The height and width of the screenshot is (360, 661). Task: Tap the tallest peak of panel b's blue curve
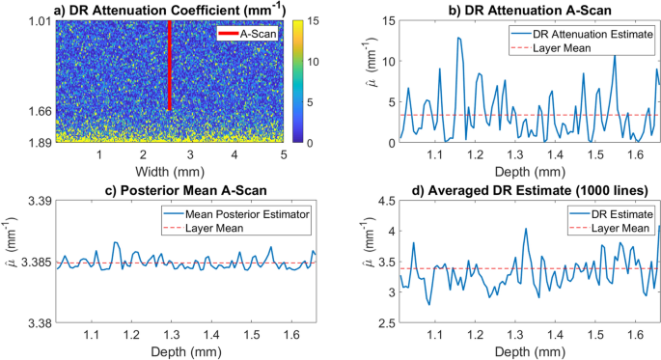click(458, 38)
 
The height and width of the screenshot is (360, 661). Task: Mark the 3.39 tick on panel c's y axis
click(38, 201)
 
